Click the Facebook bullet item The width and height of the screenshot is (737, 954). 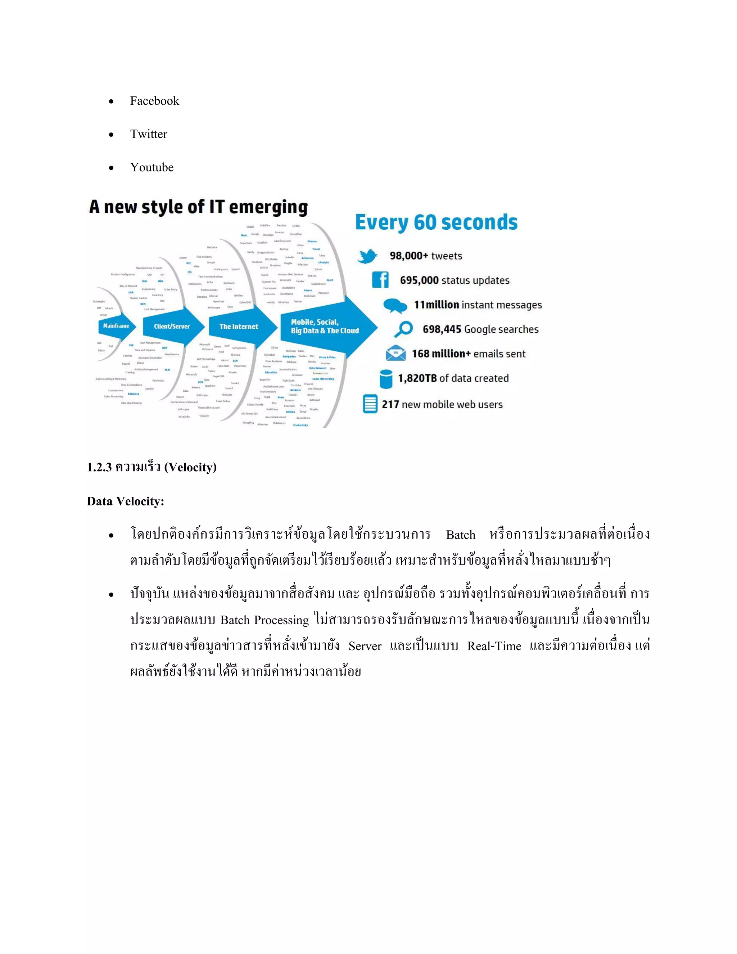click(154, 101)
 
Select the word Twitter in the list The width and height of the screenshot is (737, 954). click(149, 134)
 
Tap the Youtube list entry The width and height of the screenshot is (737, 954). click(152, 167)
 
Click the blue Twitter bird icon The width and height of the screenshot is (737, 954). click(367, 256)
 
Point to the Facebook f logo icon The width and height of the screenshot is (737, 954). click(380, 280)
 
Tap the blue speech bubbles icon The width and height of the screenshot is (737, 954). click(395, 305)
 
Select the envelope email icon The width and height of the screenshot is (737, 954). click(395, 353)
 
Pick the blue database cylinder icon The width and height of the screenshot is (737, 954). click(386, 379)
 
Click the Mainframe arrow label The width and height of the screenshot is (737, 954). click(116, 326)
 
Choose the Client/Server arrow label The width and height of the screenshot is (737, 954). click(172, 326)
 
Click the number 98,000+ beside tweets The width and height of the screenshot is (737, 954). click(409, 256)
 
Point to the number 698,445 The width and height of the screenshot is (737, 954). click(442, 329)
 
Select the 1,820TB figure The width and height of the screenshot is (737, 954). click(417, 378)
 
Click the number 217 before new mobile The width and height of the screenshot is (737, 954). click(390, 405)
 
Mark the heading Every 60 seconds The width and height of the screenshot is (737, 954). click(436, 222)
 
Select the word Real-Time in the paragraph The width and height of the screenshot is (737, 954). click(494, 646)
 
